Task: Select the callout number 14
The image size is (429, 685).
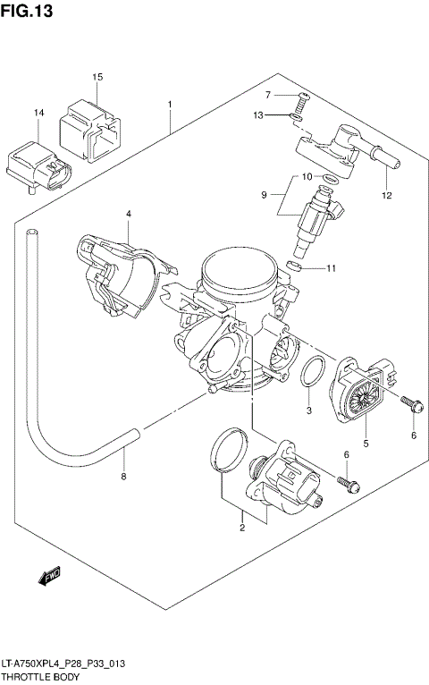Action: coord(38,113)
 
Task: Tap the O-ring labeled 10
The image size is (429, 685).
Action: coord(329,178)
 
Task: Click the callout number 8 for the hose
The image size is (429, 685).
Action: coord(123,476)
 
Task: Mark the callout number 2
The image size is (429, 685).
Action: coord(241,529)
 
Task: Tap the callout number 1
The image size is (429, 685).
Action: coord(169,105)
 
